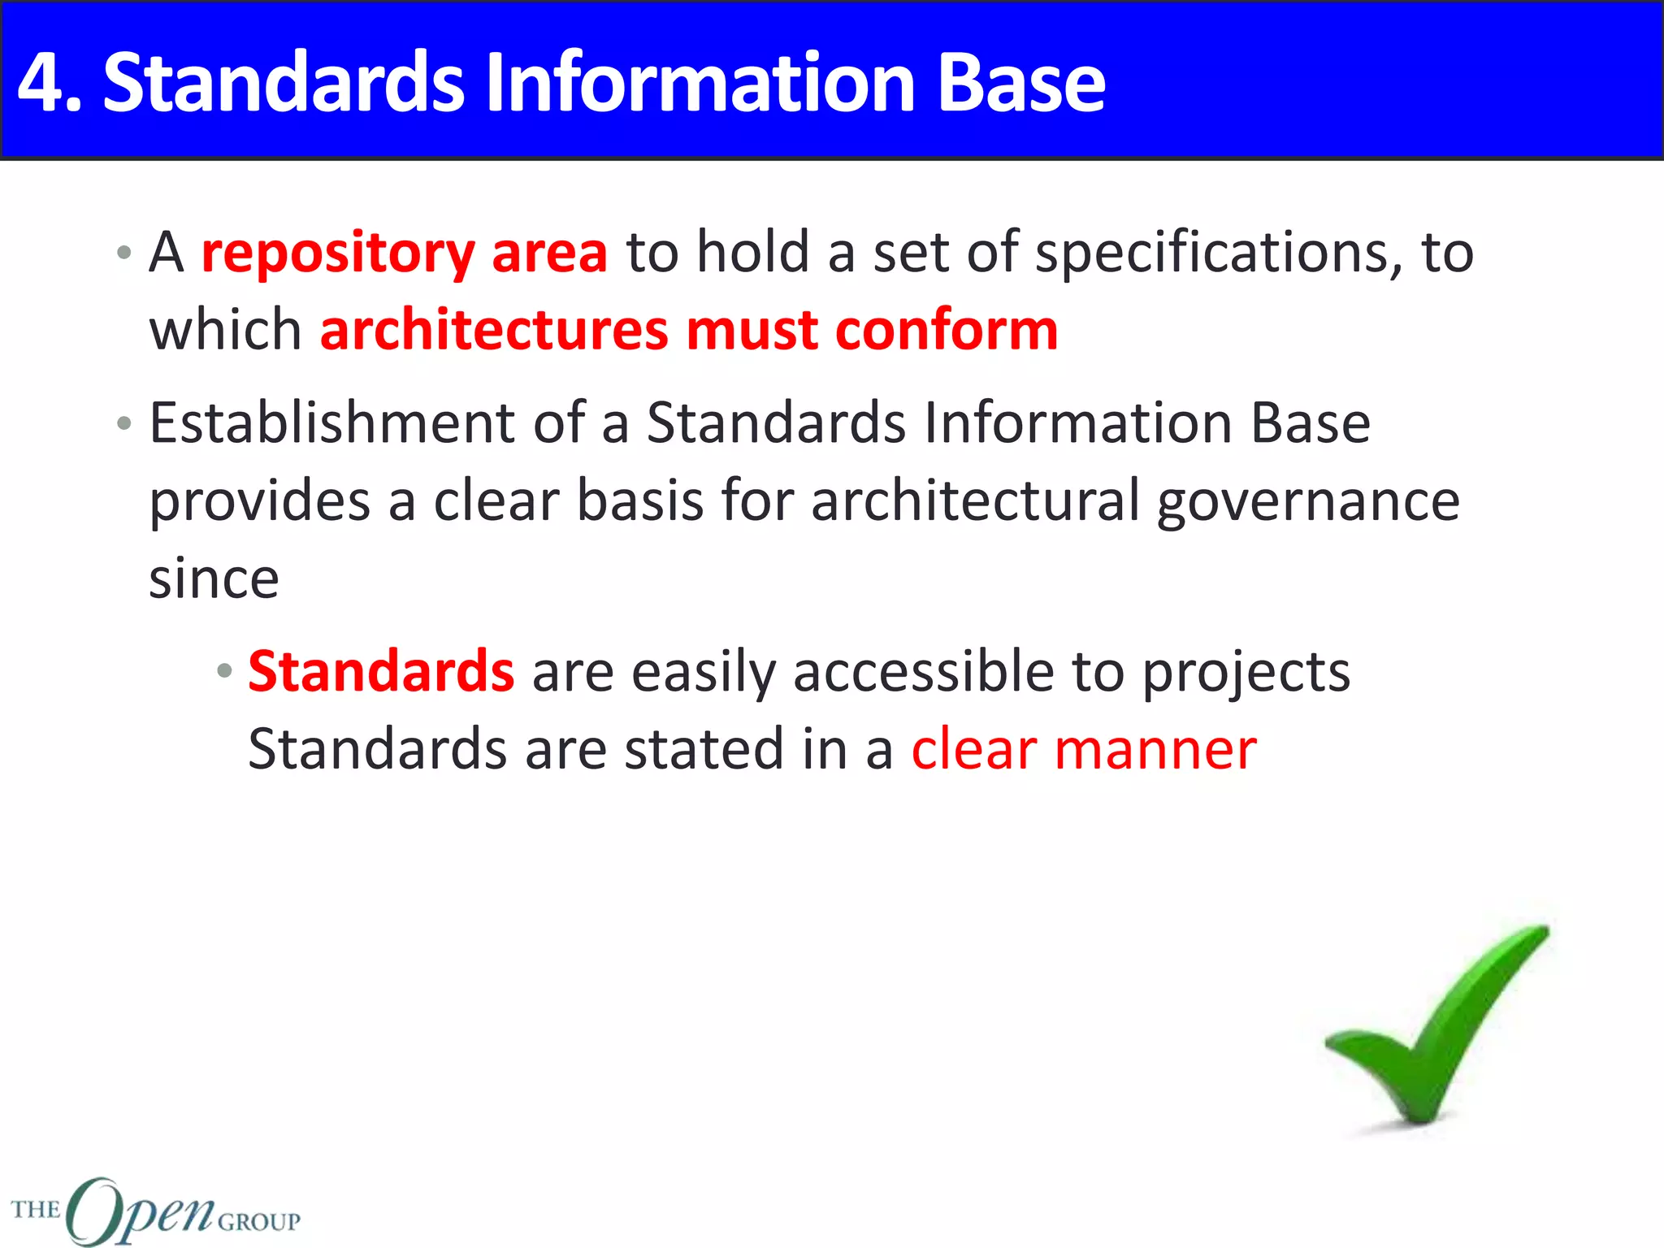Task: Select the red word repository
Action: [337, 253]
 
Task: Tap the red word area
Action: [549, 253]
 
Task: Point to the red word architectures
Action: [493, 331]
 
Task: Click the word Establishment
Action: [331, 423]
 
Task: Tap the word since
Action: [214, 579]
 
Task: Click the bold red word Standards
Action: [380, 672]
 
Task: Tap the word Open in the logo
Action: [138, 1211]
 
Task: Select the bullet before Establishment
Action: [123, 423]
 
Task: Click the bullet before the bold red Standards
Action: [224, 672]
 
